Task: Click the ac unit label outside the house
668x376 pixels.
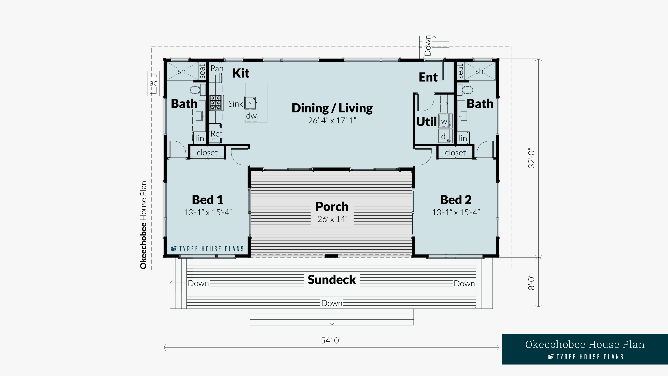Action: pos(153,83)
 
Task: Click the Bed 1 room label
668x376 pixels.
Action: pos(208,200)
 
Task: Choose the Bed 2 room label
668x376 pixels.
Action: pos(456,200)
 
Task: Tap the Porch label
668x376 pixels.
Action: pos(332,207)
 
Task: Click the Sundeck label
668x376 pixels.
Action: pos(332,280)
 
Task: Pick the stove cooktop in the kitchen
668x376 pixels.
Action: pos(216,103)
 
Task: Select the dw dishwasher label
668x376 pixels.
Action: pos(251,116)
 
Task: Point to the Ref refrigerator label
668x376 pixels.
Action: pos(216,134)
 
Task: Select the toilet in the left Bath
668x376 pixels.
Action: pos(195,90)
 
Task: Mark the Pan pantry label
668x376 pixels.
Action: pos(217,69)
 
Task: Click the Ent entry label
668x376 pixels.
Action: pos(428,77)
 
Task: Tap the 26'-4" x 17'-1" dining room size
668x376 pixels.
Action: pos(332,120)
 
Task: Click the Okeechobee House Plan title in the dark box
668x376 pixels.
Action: pos(585,344)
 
